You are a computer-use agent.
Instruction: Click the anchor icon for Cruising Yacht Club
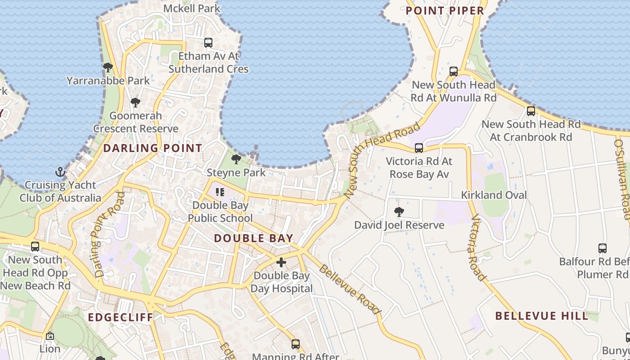point(60,172)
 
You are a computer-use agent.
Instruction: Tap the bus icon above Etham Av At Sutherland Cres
point(208,43)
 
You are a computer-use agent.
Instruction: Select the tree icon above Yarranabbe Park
point(108,67)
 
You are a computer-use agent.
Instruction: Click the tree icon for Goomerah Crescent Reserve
point(135,103)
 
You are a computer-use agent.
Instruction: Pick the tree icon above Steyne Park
point(236,159)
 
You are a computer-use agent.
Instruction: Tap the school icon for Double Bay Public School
point(220,192)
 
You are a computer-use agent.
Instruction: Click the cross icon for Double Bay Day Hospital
point(281,262)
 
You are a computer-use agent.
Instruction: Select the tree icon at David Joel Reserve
point(399,212)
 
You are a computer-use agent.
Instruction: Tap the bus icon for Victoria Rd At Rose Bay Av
point(419,148)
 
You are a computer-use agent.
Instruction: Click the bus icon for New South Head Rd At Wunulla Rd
point(454,72)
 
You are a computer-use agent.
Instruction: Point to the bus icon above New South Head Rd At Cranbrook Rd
point(531,111)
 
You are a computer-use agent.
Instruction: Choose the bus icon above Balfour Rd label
point(603,248)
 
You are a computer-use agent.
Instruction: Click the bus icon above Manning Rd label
point(295,344)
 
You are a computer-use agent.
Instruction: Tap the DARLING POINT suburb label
point(153,148)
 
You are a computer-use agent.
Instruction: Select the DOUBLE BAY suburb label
point(253,238)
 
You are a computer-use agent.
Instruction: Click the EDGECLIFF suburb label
point(121,317)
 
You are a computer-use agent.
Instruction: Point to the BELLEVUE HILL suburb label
point(542,316)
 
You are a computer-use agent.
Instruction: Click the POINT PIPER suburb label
point(445,11)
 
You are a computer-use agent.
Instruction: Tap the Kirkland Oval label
point(494,195)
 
